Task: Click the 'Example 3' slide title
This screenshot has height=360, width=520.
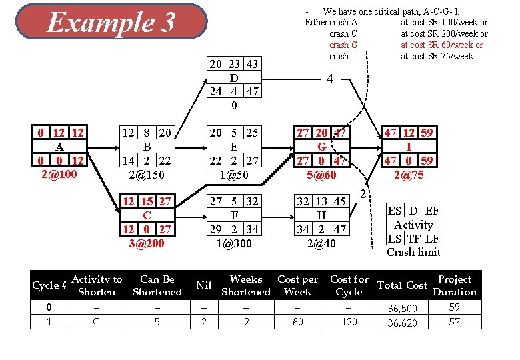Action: [111, 23]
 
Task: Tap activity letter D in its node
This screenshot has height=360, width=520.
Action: [234, 77]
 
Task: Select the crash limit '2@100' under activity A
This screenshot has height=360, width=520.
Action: [59, 175]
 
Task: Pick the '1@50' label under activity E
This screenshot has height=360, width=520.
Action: [234, 175]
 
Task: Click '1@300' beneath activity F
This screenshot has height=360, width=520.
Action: [234, 243]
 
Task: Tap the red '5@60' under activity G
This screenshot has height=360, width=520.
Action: [321, 175]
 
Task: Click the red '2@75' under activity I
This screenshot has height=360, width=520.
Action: [407, 175]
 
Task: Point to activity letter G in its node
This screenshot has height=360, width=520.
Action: [321, 147]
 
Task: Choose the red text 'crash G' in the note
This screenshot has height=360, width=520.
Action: [343, 45]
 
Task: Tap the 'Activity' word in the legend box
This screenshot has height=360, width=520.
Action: [413, 225]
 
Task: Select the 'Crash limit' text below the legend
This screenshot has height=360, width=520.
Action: [413, 252]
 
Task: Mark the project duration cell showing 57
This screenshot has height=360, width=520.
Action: [454, 322]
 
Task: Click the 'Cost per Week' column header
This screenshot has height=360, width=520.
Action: [297, 285]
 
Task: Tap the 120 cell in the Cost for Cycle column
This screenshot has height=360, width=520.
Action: [349, 322]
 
